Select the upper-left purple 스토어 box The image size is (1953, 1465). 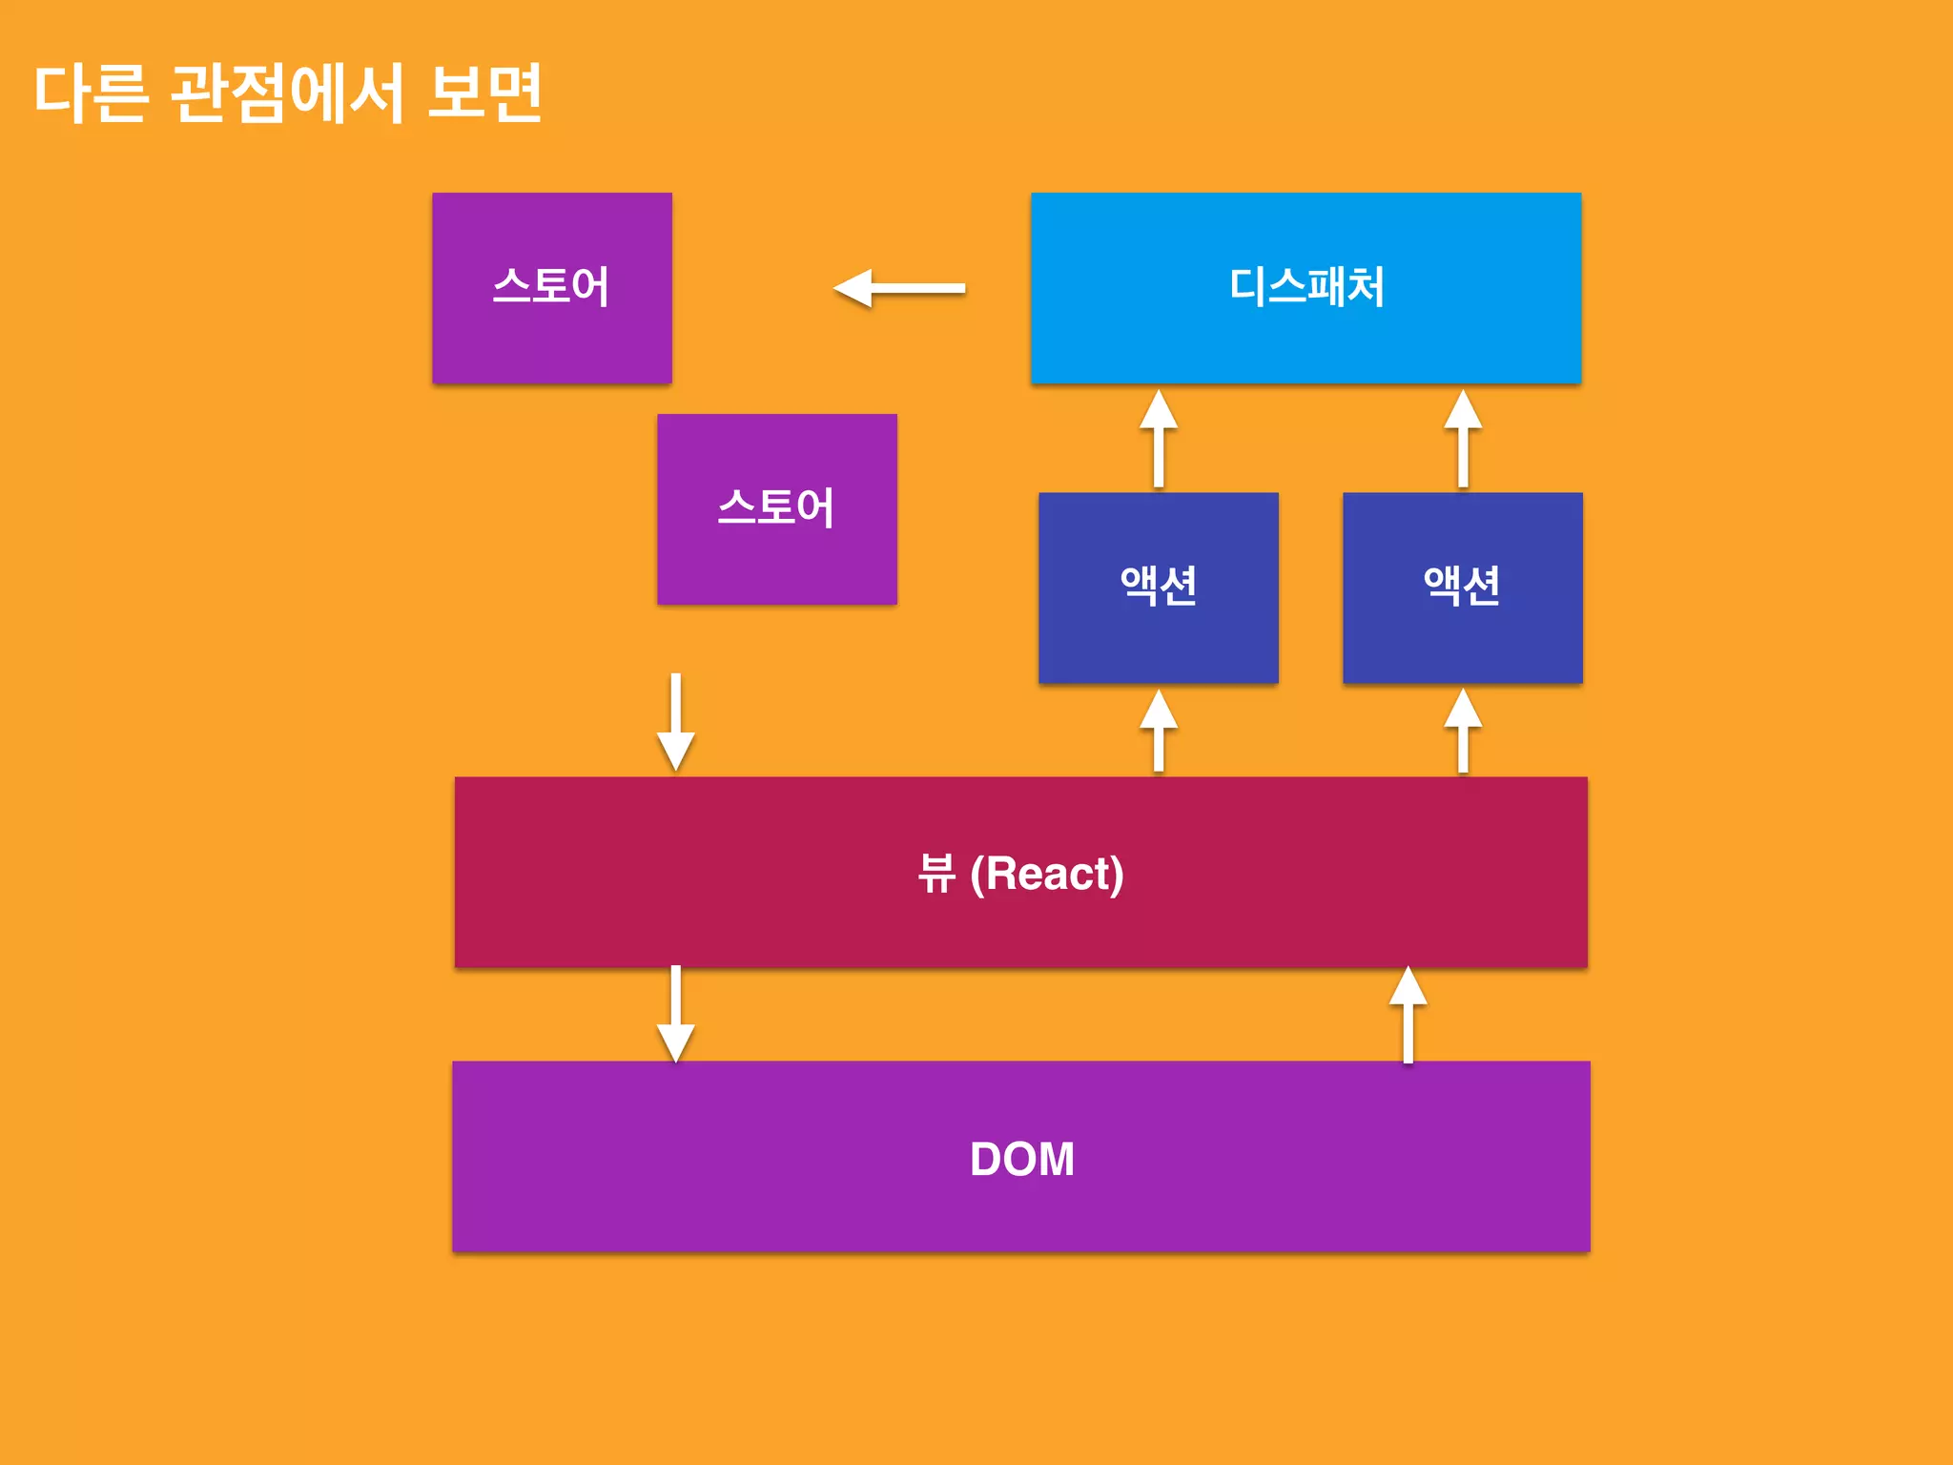[551, 287]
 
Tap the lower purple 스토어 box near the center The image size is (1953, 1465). [776, 508]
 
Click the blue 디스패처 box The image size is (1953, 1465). [1305, 287]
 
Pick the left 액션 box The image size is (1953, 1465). [1158, 587]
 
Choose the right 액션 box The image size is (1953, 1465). [1462, 587]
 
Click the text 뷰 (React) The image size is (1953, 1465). [1020, 873]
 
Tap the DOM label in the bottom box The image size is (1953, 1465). [1021, 1159]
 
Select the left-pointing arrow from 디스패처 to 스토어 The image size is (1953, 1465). [898, 288]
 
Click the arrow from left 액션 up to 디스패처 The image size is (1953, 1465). [1159, 439]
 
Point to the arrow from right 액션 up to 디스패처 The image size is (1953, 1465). [1463, 439]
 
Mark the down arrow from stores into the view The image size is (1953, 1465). [675, 722]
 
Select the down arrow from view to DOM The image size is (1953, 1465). [675, 1014]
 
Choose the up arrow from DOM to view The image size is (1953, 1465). [1408, 1014]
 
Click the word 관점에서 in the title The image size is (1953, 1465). [288, 93]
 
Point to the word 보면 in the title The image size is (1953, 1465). [484, 93]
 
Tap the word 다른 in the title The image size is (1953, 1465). [92, 93]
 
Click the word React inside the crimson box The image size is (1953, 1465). [1047, 873]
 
